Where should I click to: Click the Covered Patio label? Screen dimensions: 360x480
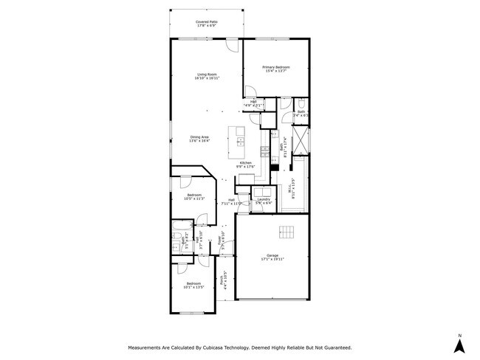[x=206, y=24]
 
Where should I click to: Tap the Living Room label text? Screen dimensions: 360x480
[x=206, y=75]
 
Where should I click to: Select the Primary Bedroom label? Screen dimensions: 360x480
[x=274, y=69]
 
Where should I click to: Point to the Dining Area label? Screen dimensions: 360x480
[x=199, y=138]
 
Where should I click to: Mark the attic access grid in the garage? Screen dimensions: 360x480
[x=286, y=233]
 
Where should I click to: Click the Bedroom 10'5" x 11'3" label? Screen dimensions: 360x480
[x=193, y=196]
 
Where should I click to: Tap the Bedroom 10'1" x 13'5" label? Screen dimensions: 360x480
[x=193, y=285]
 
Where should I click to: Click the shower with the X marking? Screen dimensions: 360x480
[x=299, y=139]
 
